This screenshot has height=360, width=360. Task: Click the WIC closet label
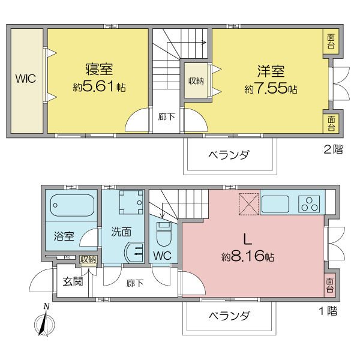(x=25, y=79)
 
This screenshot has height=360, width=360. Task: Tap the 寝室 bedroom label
(x=99, y=69)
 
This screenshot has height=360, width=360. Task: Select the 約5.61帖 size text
(x=99, y=87)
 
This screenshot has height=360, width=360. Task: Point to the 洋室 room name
(x=271, y=71)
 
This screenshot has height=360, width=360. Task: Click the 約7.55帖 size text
(x=271, y=89)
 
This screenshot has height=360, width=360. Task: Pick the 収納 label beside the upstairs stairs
(x=196, y=81)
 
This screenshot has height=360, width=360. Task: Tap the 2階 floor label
(x=333, y=149)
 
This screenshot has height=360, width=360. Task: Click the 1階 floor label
(x=329, y=311)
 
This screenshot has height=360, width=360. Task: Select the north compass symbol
(x=45, y=321)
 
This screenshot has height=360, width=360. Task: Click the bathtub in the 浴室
(x=72, y=205)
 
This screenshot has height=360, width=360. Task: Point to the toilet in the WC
(x=164, y=234)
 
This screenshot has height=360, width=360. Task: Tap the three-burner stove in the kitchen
(x=309, y=204)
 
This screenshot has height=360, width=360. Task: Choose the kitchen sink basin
(x=275, y=204)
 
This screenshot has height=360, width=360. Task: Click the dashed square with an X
(x=249, y=204)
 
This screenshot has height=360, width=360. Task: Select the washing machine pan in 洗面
(x=131, y=202)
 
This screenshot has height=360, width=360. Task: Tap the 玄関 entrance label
(x=73, y=281)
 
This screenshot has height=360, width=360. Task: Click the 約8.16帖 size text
(x=248, y=256)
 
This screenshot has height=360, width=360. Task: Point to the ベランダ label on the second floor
(x=229, y=155)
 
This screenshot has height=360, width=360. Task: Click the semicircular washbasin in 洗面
(x=134, y=252)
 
